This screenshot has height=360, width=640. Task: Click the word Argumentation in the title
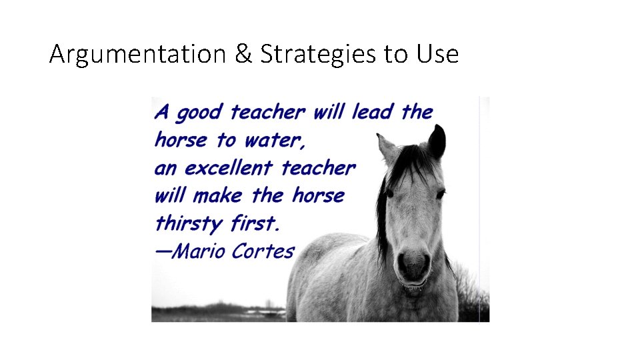pyautogui.click(x=138, y=54)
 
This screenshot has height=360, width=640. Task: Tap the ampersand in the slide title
pyautogui.click(x=243, y=54)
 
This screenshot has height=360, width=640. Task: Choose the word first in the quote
pyautogui.click(x=256, y=223)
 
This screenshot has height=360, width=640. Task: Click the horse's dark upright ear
pyautogui.click(x=437, y=141)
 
